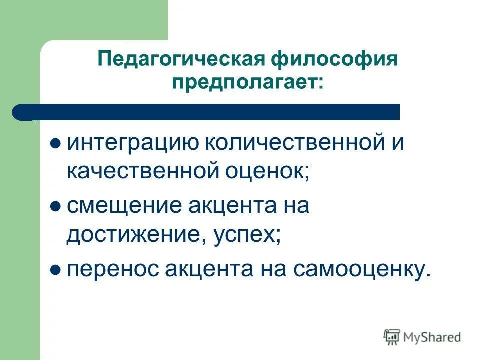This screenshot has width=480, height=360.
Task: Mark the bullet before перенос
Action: click(x=56, y=270)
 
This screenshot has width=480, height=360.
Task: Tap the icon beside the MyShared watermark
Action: click(x=392, y=336)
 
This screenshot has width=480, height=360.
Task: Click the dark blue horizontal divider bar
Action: click(x=210, y=112)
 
